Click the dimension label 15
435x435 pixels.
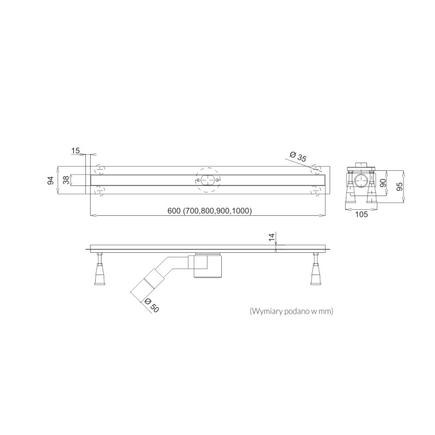coord(75,151)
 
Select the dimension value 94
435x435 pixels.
coord(51,181)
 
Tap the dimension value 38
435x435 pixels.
coord(66,180)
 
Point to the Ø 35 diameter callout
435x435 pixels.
coord(297,156)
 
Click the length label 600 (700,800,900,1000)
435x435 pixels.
coord(209,211)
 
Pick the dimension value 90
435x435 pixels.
coord(383,183)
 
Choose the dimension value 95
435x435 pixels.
coord(399,187)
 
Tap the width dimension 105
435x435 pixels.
coord(361,214)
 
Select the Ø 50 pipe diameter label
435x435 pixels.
coord(152,305)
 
